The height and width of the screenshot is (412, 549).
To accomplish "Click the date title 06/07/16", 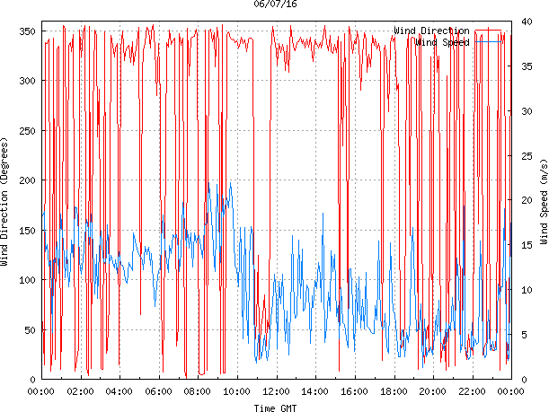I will click(x=276, y=4).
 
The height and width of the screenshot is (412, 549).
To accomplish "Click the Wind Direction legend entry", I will click(x=431, y=31).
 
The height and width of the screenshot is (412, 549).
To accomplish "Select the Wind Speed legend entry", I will click(x=441, y=41).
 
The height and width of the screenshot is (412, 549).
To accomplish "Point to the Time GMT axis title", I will click(x=276, y=408).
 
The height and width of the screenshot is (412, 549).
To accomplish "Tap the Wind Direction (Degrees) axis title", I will click(x=5, y=204).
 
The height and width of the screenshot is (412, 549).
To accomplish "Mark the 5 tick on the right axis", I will click(x=521, y=336).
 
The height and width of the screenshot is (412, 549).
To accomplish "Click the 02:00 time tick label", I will click(x=80, y=391).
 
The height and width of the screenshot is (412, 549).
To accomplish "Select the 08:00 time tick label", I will click(x=198, y=391).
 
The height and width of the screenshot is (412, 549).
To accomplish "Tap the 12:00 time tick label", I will click(x=276, y=391).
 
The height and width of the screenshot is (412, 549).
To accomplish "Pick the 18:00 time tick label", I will click(x=394, y=391).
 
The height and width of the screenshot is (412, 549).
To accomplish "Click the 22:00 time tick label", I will click(x=472, y=391).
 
